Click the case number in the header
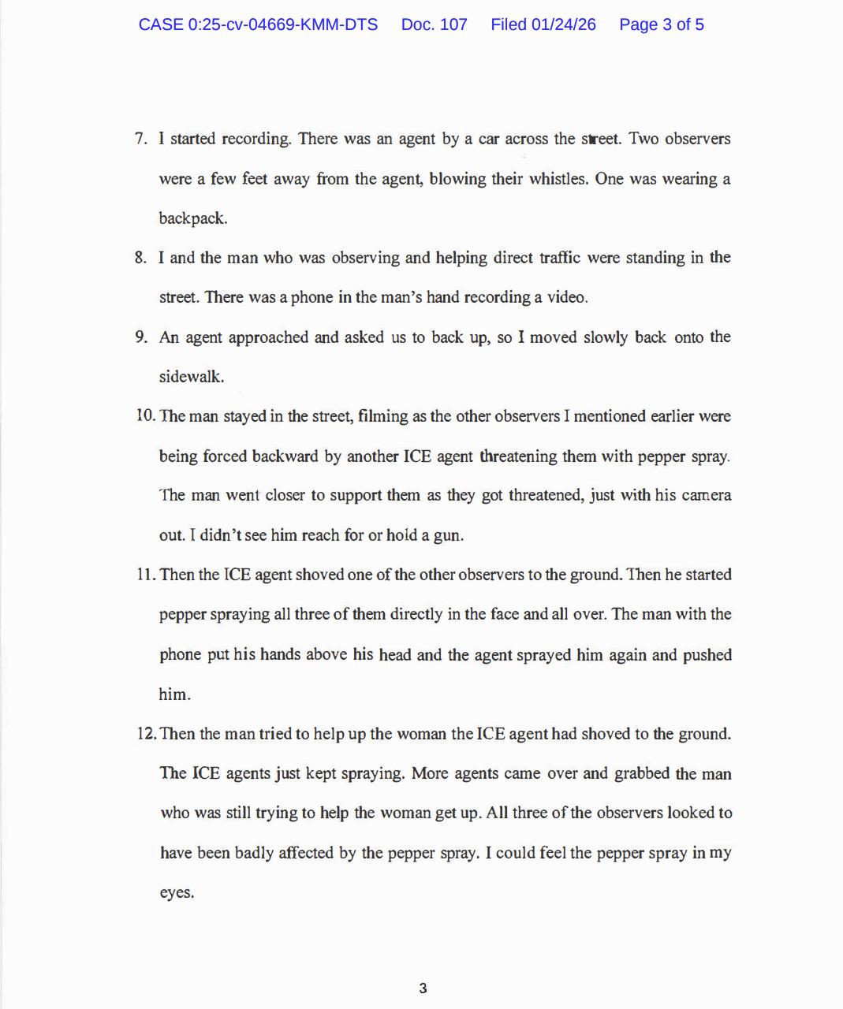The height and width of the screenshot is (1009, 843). pyautogui.click(x=258, y=24)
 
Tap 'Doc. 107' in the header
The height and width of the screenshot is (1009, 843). pyautogui.click(x=434, y=24)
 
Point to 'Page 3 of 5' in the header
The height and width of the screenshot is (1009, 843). pyautogui.click(x=661, y=24)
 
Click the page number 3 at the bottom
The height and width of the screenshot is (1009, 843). pyautogui.click(x=423, y=989)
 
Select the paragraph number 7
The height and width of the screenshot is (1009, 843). pyautogui.click(x=140, y=140)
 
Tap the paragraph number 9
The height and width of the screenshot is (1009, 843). pyautogui.click(x=140, y=337)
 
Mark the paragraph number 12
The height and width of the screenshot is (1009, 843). pyautogui.click(x=146, y=734)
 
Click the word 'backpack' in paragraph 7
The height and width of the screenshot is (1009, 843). pyautogui.click(x=192, y=219)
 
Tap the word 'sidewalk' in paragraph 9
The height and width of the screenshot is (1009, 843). pyautogui.click(x=191, y=377)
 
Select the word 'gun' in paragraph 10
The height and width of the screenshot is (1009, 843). pyautogui.click(x=447, y=536)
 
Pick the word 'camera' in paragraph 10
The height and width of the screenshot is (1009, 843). pyautogui.click(x=706, y=496)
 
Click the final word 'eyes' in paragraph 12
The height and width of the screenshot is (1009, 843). pyautogui.click(x=176, y=893)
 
